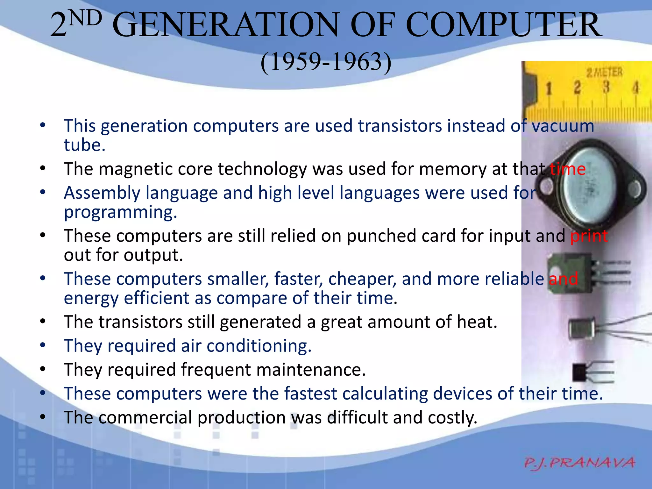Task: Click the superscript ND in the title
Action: click(x=85, y=18)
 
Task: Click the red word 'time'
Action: click(x=568, y=169)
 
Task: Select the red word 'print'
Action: click(x=589, y=236)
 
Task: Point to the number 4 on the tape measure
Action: click(x=635, y=87)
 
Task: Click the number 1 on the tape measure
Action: click(x=549, y=89)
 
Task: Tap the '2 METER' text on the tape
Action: click(x=605, y=72)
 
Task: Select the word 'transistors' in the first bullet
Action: click(x=400, y=126)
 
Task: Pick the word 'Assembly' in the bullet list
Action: click(x=102, y=193)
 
